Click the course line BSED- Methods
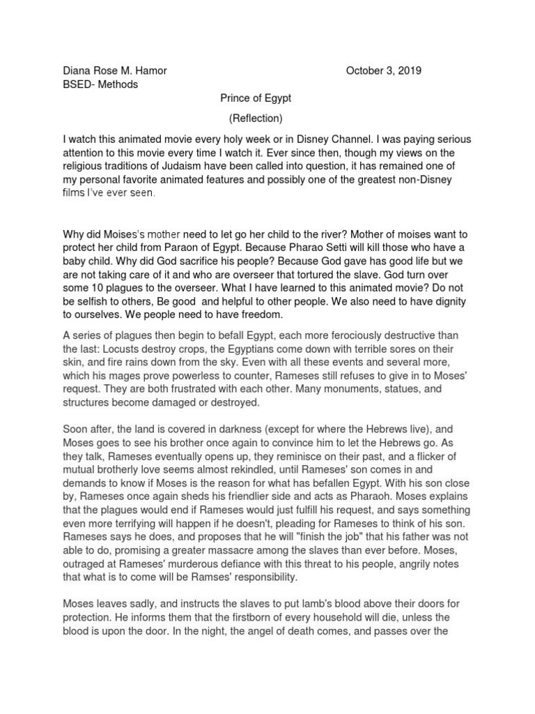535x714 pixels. (x=100, y=84)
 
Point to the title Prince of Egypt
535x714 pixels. (x=256, y=98)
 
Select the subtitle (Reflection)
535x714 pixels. (x=256, y=118)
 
